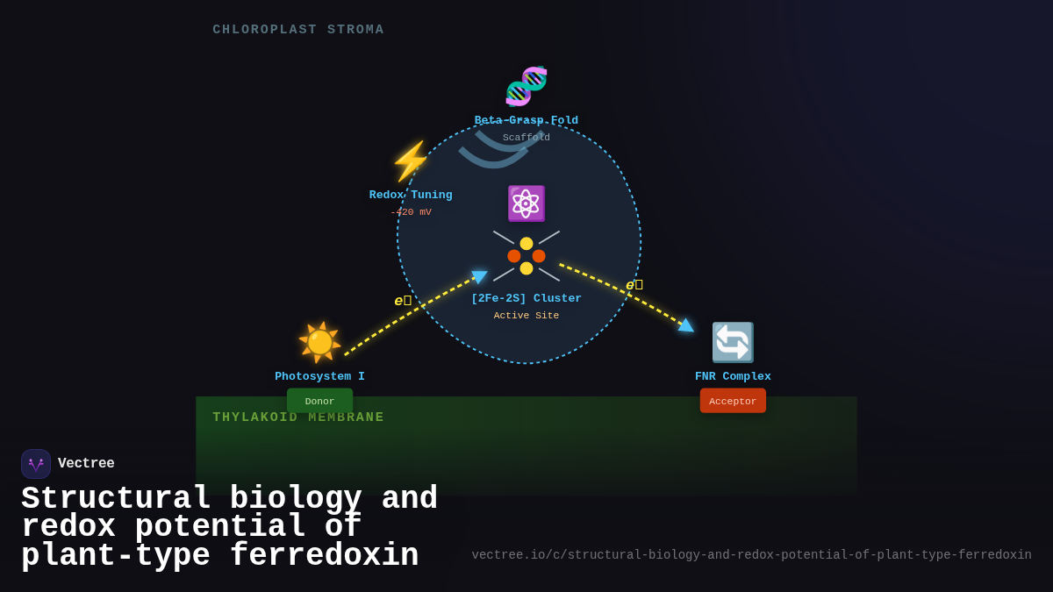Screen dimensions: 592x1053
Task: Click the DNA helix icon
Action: click(526, 86)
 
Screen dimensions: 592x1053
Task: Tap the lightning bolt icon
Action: click(411, 161)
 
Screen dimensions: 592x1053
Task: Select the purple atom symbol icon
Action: click(526, 203)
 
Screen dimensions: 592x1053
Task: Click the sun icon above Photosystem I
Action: click(319, 342)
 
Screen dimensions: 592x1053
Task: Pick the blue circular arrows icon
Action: click(733, 342)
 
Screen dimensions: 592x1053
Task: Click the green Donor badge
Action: click(319, 401)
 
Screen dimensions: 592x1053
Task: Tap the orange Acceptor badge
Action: click(733, 401)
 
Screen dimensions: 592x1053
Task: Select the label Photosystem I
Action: click(319, 376)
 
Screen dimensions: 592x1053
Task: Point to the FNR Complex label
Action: click(733, 376)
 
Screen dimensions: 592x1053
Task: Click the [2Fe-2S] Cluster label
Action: click(526, 298)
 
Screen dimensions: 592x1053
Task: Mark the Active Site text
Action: click(526, 316)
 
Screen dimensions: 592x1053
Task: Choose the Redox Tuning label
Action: click(411, 195)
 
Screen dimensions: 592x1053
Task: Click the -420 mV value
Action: click(411, 212)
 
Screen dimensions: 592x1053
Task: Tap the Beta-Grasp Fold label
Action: click(526, 120)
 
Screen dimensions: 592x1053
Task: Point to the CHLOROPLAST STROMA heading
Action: click(298, 30)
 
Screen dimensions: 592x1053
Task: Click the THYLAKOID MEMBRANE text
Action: click(298, 417)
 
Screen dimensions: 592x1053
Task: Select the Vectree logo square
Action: click(36, 464)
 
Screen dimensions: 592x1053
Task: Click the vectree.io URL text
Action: click(751, 555)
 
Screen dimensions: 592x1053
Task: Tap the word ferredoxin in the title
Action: click(324, 556)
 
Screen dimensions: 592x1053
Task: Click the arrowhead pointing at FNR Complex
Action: click(686, 325)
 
